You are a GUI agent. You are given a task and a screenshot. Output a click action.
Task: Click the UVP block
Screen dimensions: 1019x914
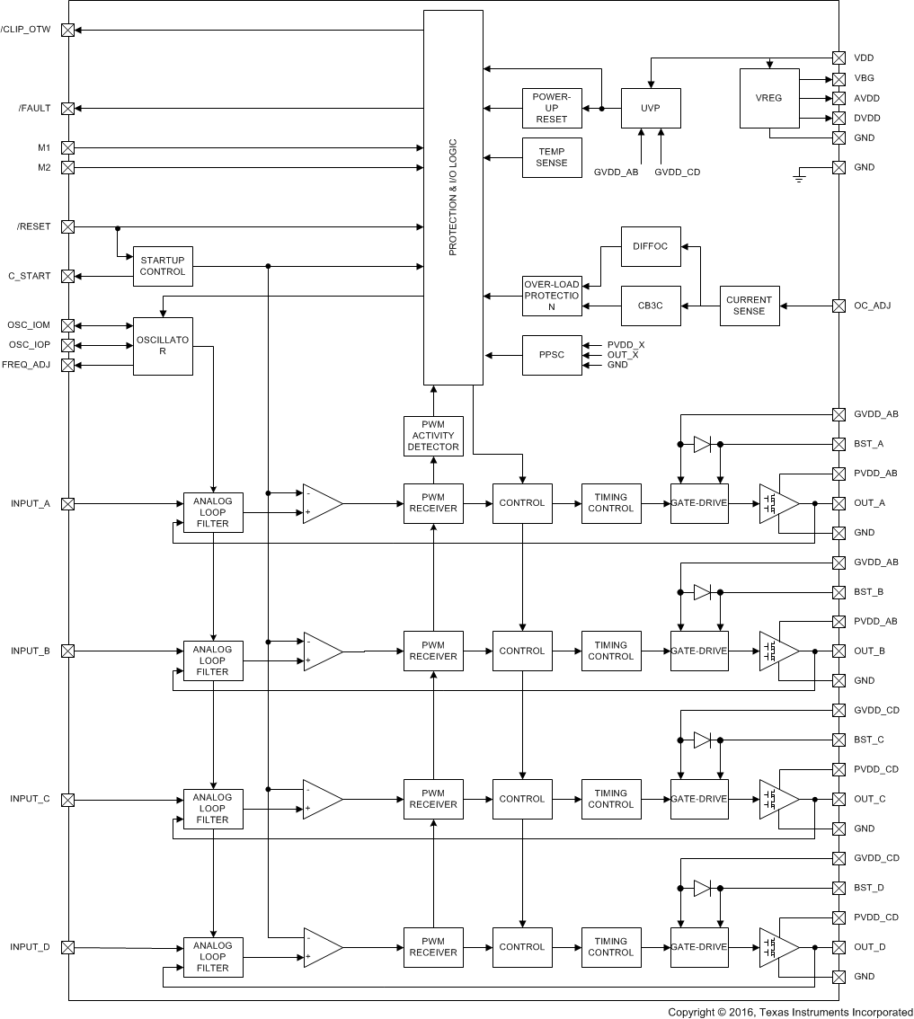tap(651, 108)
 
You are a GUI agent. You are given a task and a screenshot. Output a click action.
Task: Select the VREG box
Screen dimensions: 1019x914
tap(768, 98)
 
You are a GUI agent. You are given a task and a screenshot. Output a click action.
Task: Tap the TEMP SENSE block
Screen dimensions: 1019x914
tap(552, 157)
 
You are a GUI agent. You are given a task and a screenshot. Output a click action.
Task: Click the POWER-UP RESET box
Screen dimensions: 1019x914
tap(552, 108)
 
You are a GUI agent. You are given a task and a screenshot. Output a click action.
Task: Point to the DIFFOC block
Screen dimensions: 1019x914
tap(651, 246)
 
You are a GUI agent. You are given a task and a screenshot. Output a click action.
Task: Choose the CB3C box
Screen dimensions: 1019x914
tap(651, 306)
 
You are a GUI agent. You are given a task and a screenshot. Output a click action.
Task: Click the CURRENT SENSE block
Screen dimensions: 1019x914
tap(749, 306)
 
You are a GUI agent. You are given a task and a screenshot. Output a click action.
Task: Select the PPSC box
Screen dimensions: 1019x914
tap(552, 355)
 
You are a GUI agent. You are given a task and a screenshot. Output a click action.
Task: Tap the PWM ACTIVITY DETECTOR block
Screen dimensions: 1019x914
tap(433, 435)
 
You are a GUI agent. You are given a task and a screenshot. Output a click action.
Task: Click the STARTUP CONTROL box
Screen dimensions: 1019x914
tap(163, 266)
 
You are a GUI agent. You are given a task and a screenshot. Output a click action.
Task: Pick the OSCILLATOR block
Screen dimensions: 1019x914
tap(163, 346)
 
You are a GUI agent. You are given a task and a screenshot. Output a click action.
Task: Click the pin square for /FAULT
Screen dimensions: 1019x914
tap(67, 108)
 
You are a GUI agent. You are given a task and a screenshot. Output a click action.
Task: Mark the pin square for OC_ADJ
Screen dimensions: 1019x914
tap(839, 306)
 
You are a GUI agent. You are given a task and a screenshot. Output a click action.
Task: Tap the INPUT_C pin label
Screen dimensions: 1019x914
tap(31, 799)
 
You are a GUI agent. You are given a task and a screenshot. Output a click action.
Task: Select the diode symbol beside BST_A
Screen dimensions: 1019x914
tap(703, 444)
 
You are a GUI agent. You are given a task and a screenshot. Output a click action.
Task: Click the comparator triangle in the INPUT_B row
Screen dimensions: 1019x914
tap(322, 651)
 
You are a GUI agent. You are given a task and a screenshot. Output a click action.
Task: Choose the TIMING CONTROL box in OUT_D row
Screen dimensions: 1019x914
tap(610, 947)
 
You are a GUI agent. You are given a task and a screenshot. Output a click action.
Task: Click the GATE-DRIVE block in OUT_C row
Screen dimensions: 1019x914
tap(699, 799)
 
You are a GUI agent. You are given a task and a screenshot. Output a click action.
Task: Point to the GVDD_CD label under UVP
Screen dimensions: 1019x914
tap(677, 172)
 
